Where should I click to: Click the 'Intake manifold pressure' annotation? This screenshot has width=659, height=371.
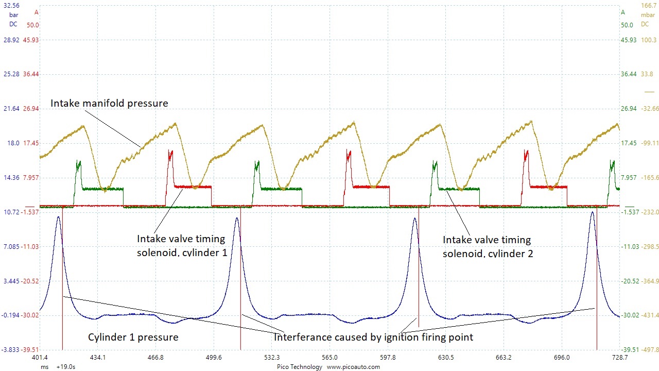pos(109,104)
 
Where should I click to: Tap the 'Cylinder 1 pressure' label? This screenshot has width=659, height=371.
pos(133,338)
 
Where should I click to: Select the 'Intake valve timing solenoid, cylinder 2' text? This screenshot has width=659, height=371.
pos(487,246)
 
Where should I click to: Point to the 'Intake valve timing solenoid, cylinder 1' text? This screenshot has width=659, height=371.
pos(181,246)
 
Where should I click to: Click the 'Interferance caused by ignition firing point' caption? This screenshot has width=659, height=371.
pos(373,338)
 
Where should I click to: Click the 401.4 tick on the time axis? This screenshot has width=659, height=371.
pos(40,358)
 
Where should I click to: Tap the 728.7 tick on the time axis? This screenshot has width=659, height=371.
pos(619,358)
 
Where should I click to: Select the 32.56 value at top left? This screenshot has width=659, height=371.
pos(11,5)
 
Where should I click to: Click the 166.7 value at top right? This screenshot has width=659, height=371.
pos(648,5)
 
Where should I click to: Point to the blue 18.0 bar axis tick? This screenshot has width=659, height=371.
pos(13,143)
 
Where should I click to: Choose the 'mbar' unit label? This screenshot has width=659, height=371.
pos(648,15)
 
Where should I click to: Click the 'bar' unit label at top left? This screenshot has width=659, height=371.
pos(13,15)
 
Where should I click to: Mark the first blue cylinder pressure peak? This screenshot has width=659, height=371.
pos(58,217)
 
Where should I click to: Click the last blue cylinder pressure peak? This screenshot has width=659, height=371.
pos(593,212)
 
